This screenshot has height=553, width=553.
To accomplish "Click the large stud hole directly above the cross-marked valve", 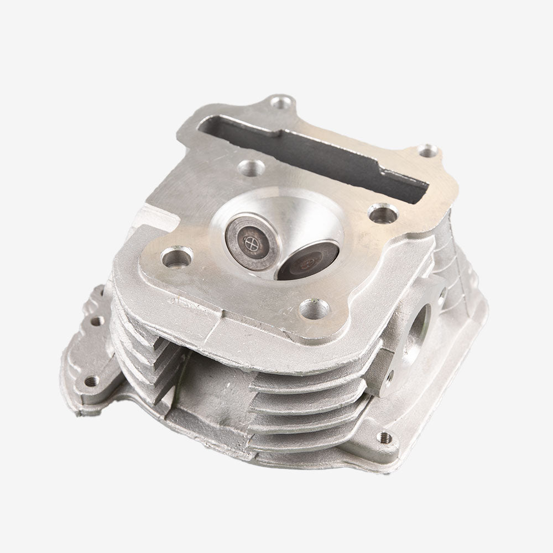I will pyautogui.click(x=249, y=166).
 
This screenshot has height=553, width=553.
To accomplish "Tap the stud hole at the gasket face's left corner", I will pyautogui.click(x=177, y=257).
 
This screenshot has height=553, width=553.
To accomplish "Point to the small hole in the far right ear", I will pyautogui.click(x=426, y=150).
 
